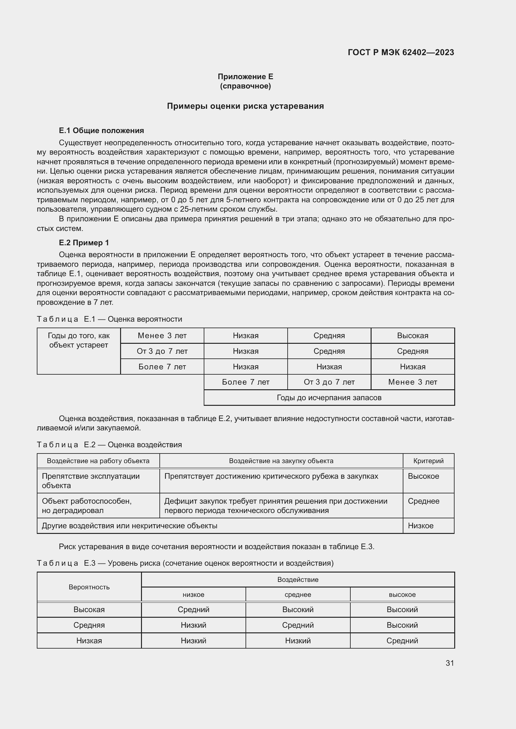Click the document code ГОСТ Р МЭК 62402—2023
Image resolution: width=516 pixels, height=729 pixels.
401,52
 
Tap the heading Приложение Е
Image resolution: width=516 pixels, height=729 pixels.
245,77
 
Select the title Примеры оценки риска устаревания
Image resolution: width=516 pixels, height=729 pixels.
245,106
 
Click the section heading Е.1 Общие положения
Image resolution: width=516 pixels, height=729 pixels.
101,131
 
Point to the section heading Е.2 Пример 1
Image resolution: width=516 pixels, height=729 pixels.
84,242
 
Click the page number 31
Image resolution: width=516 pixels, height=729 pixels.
450,663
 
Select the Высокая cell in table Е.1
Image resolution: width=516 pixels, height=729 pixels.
412,336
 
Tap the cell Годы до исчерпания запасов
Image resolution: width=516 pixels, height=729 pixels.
329,397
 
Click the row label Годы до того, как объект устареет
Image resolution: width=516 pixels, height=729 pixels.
79,340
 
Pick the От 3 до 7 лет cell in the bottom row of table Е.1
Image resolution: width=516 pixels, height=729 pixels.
329,382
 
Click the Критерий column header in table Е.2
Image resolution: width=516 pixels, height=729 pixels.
428,461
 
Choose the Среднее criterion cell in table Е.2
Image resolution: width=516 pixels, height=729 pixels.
424,501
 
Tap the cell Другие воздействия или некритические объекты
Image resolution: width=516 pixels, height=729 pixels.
130,525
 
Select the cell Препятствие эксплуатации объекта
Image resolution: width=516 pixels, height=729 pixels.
91,481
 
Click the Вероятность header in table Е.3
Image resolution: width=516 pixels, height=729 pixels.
89,587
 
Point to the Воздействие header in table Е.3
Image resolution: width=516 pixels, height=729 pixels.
298,579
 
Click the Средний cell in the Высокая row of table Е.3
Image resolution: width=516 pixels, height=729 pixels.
193,609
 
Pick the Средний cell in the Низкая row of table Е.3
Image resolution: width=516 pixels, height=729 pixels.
402,640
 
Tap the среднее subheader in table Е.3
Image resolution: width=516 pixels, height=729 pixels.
298,594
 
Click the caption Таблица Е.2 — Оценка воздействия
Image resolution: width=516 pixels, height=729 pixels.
109,444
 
